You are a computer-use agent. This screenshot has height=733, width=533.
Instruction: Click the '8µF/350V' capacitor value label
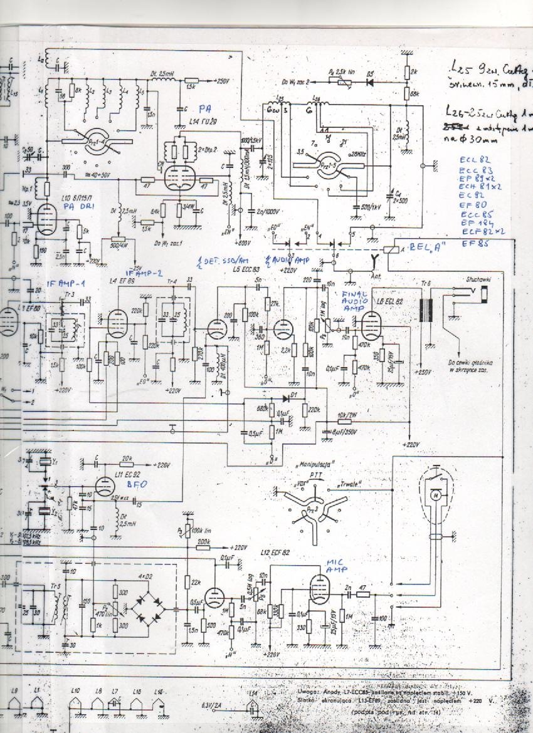point(344,432)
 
